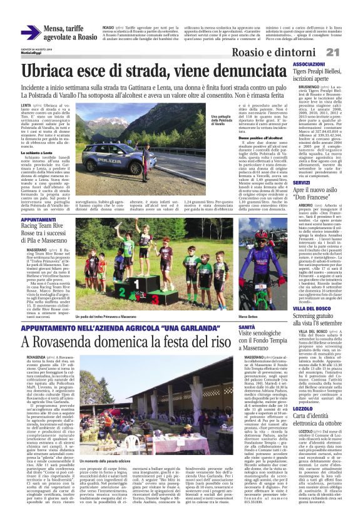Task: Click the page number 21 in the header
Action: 350,51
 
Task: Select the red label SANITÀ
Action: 246,326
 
